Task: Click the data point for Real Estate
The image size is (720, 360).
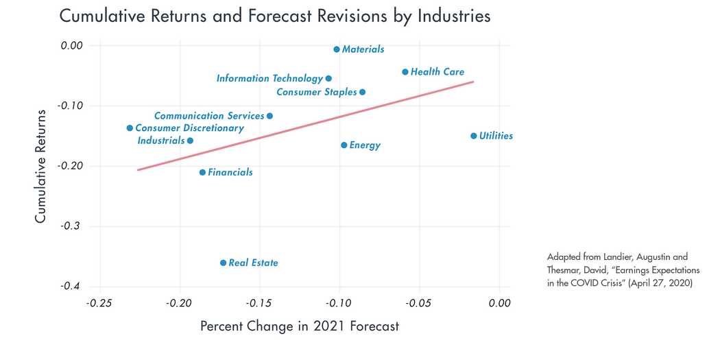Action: tap(223, 263)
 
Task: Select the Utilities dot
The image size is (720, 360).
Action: tap(473, 136)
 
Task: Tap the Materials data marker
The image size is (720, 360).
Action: tap(336, 49)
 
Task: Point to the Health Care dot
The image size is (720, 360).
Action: tap(405, 72)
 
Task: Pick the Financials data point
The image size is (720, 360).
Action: tap(202, 172)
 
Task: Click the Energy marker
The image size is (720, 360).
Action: tap(344, 145)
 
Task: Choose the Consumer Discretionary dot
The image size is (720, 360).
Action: tap(130, 128)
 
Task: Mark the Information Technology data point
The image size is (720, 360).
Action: tap(328, 79)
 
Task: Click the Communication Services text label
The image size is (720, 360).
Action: tap(209, 116)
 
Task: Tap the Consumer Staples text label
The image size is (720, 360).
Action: tap(316, 92)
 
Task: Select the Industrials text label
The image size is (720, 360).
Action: tap(160, 141)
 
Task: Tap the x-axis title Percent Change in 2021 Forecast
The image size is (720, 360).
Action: tap(299, 326)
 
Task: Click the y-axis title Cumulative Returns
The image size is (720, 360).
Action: tap(40, 165)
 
